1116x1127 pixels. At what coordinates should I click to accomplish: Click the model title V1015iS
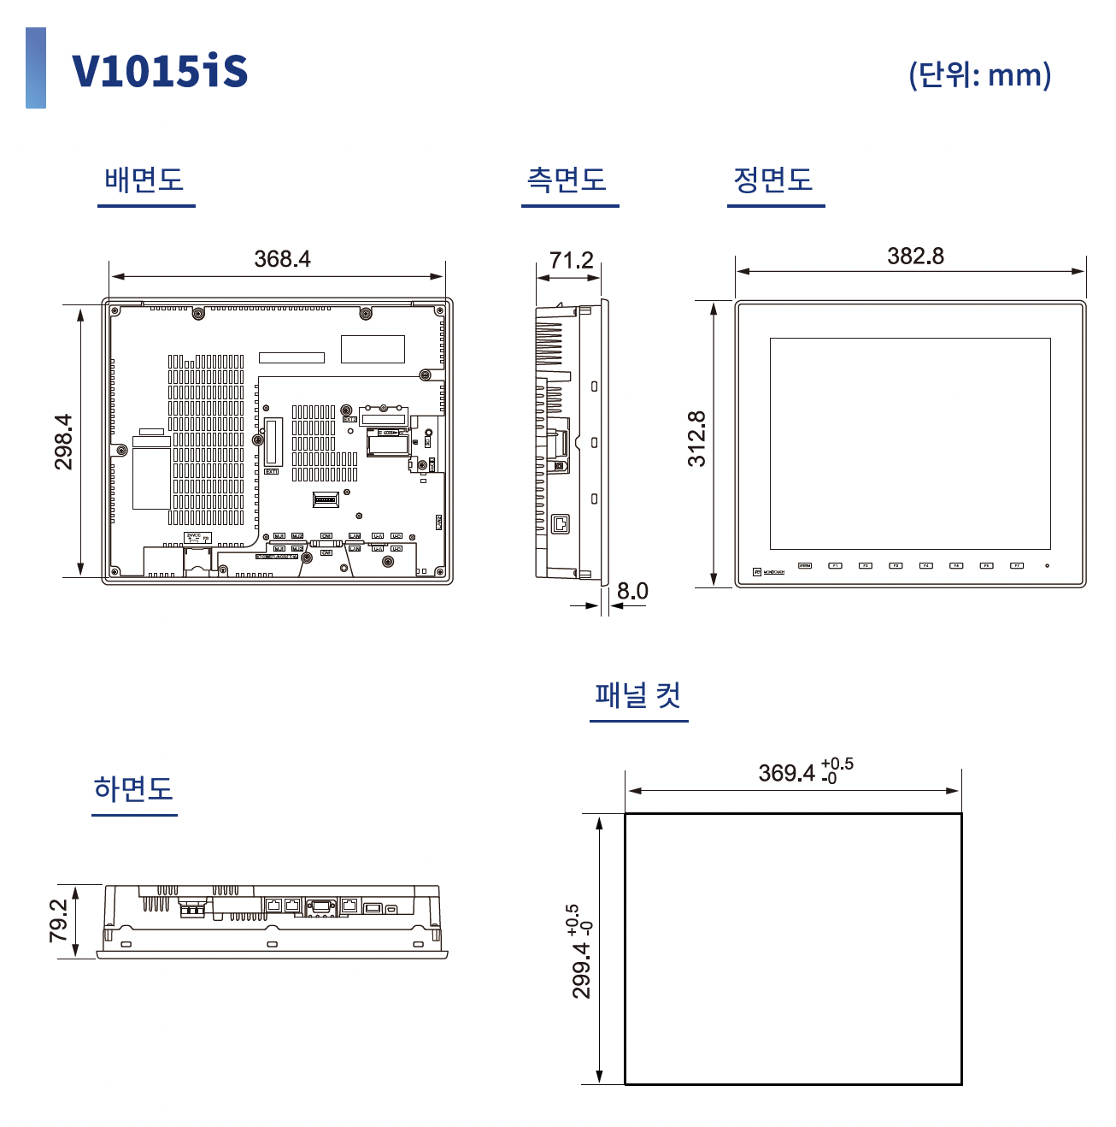click(160, 70)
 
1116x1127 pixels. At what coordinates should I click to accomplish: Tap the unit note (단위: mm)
click(979, 74)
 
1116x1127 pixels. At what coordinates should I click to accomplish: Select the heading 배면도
click(144, 180)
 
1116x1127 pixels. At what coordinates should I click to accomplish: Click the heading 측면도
click(567, 180)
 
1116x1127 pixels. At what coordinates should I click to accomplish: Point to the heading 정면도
click(772, 180)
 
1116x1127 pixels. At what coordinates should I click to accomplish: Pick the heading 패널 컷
click(637, 694)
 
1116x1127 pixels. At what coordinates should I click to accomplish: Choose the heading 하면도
click(133, 788)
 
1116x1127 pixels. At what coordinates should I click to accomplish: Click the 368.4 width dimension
click(282, 258)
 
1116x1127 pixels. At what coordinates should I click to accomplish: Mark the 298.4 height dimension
click(64, 441)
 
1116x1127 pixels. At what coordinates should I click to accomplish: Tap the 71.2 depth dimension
click(571, 260)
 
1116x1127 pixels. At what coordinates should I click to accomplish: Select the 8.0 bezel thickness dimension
click(632, 591)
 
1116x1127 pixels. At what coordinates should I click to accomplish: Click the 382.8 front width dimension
click(915, 256)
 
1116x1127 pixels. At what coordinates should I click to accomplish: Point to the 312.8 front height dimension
click(697, 439)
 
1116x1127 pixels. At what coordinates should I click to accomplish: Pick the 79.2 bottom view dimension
click(58, 920)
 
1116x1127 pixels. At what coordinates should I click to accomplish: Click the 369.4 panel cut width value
click(787, 773)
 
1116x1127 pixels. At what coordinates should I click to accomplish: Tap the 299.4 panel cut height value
click(581, 970)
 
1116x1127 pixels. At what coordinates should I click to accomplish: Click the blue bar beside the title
click(36, 68)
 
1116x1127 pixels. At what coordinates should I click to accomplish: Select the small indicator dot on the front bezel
click(1047, 565)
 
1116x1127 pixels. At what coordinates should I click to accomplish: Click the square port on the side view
click(561, 523)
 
